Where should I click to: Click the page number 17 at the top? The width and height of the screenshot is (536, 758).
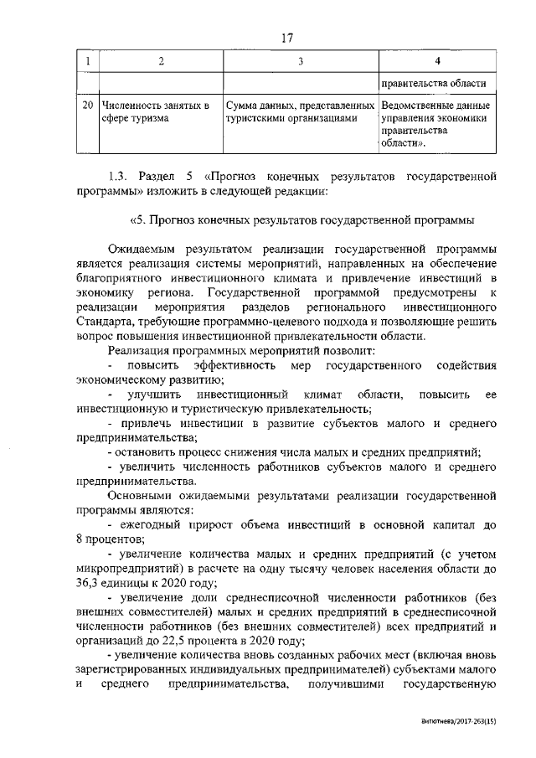[287, 37]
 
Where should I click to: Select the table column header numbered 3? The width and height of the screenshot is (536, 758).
[301, 61]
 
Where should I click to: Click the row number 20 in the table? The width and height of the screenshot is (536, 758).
[87, 106]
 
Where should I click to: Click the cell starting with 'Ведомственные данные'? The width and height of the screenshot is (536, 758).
[435, 125]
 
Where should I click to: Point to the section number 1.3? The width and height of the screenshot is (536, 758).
[120, 178]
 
